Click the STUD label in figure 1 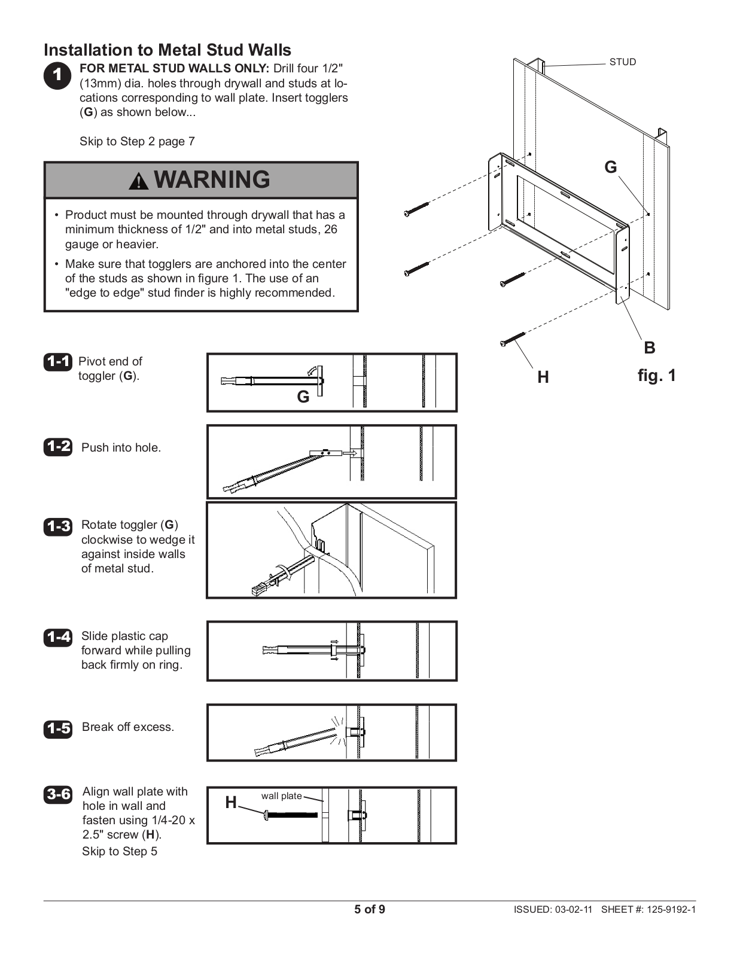pyautogui.click(x=622, y=62)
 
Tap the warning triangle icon pyautogui.click(x=139, y=181)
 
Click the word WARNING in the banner pyautogui.click(x=212, y=179)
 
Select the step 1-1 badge pyautogui.click(x=57, y=362)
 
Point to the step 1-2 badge pyautogui.click(x=57, y=447)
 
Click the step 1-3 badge pyautogui.click(x=57, y=526)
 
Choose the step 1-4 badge pyautogui.click(x=57, y=638)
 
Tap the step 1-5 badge pyautogui.click(x=57, y=729)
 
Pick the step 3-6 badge pyautogui.click(x=57, y=794)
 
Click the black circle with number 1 pyautogui.click(x=57, y=75)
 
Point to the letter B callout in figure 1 pyautogui.click(x=649, y=348)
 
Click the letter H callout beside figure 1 pyautogui.click(x=543, y=377)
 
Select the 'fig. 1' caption pyautogui.click(x=656, y=376)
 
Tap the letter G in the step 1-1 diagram pyautogui.click(x=303, y=397)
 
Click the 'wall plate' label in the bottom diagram pyautogui.click(x=281, y=796)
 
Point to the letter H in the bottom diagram pyautogui.click(x=231, y=803)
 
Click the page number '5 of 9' pyautogui.click(x=370, y=910)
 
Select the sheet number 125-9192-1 pyautogui.click(x=671, y=910)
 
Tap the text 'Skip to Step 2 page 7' pyautogui.click(x=137, y=142)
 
